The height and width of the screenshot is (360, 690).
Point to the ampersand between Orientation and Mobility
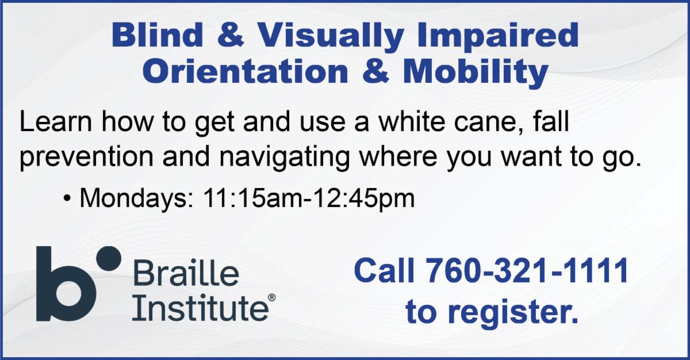coord(375,71)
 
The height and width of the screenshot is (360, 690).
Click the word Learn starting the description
coord(55,122)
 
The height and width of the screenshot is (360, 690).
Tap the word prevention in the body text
coord(87,157)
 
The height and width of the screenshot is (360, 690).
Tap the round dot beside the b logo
coord(109,259)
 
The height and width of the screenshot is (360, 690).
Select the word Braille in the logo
coord(186,273)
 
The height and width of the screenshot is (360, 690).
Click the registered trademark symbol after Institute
coord(271,297)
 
